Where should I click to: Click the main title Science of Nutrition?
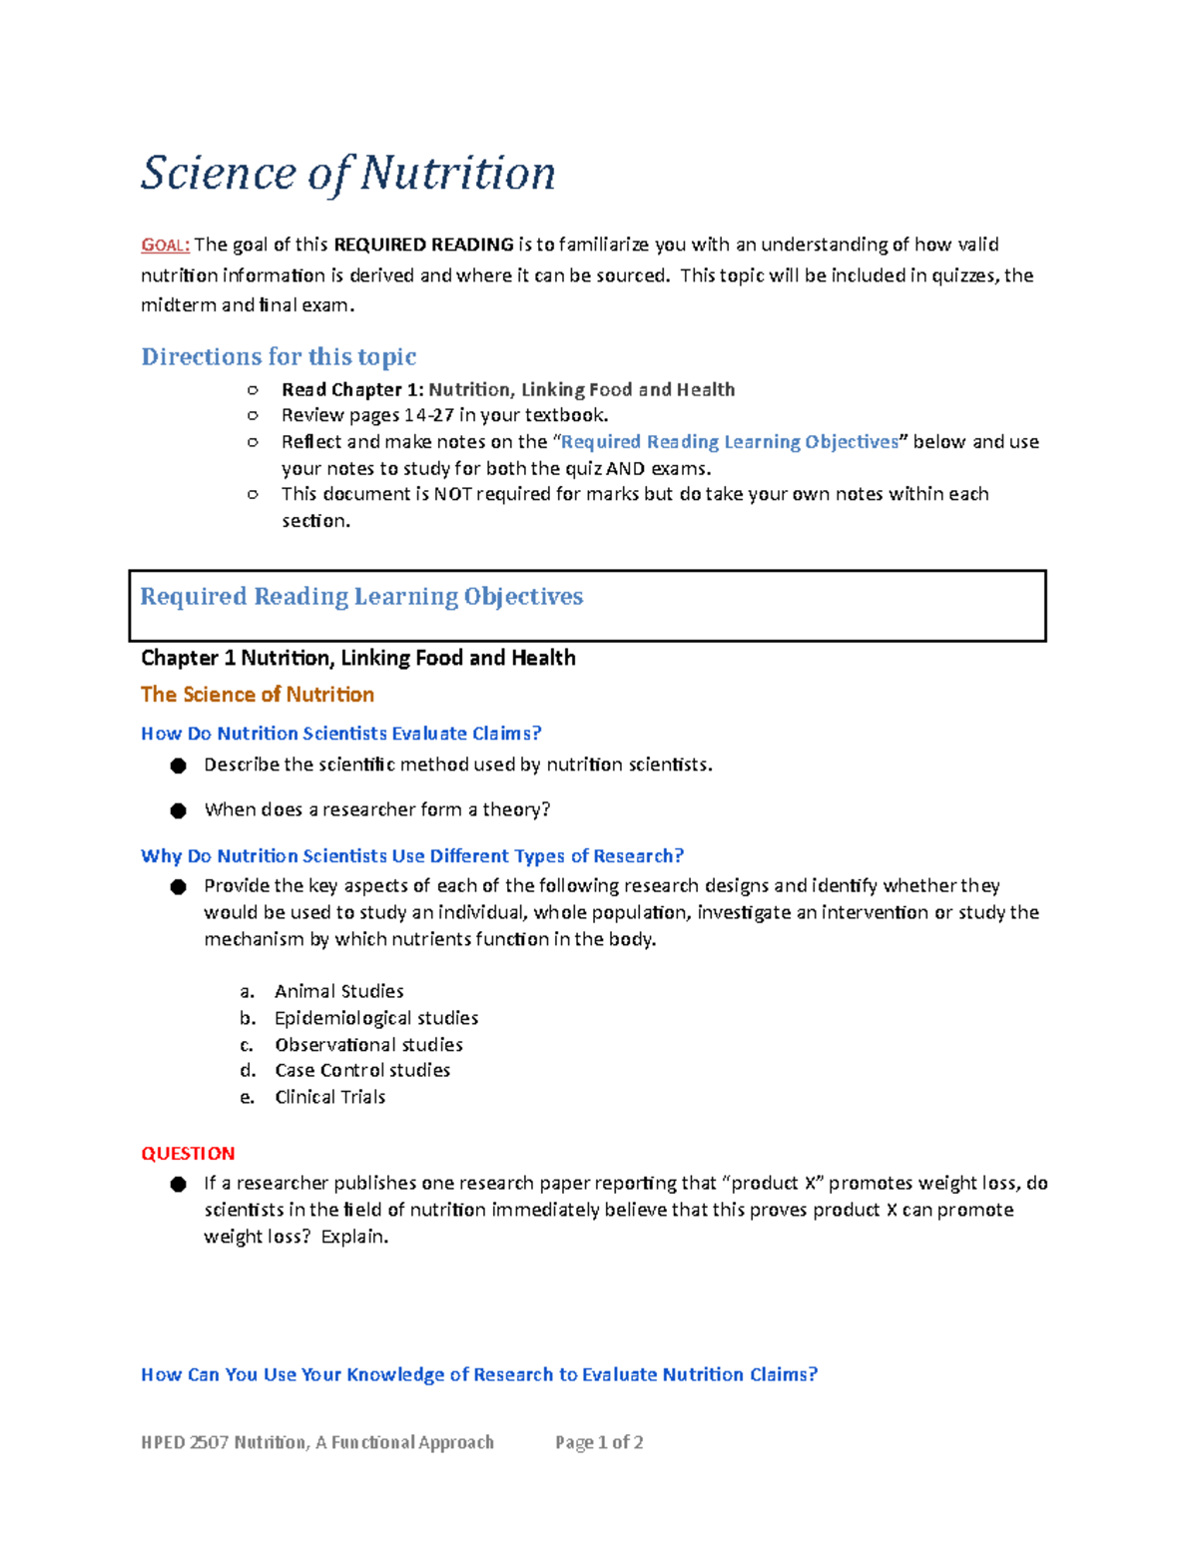(x=347, y=174)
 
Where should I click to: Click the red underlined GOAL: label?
(x=165, y=246)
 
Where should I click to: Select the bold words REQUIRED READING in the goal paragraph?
(x=423, y=245)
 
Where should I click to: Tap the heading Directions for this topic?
(x=279, y=357)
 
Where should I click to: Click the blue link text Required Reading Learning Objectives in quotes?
(x=730, y=442)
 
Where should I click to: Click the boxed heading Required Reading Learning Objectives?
(x=361, y=597)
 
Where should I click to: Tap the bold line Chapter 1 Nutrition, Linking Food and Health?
(x=357, y=658)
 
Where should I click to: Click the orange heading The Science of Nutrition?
(x=258, y=695)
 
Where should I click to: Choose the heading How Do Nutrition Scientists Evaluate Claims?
(x=340, y=734)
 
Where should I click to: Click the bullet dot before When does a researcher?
(x=179, y=810)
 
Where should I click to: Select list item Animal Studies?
(x=339, y=991)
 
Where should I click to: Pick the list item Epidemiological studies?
(x=376, y=1018)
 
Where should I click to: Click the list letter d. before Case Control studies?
(x=248, y=1070)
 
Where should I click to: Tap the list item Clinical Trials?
(x=329, y=1097)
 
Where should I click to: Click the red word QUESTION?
(x=188, y=1154)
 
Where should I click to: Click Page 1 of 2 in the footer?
(x=599, y=1442)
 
